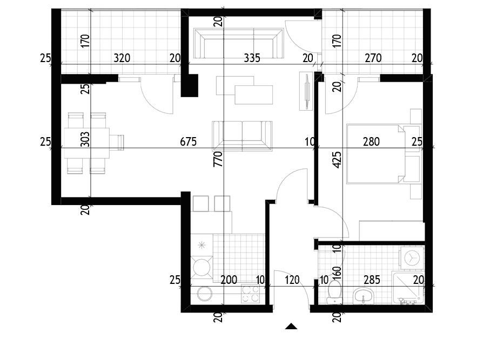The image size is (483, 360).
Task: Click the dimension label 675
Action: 188,141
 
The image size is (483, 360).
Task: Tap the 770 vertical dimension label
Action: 218,159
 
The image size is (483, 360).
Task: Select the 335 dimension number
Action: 252,58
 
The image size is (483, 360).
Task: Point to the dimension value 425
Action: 337,160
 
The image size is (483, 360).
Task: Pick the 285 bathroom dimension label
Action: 372,280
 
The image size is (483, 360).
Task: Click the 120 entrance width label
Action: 292,280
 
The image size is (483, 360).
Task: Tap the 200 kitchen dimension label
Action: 229,280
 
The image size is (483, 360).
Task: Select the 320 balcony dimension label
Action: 122,58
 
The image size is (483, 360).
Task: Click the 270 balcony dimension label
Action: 373,58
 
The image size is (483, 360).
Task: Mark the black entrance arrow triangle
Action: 291,327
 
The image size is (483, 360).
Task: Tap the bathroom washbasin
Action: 364,296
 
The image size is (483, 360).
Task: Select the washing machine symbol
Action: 411,257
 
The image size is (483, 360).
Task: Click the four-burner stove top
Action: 251,294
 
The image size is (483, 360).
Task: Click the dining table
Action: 86,143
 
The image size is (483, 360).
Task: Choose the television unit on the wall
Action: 306,91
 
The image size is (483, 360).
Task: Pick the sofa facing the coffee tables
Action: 242,135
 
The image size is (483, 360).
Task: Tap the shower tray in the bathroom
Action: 408,288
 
